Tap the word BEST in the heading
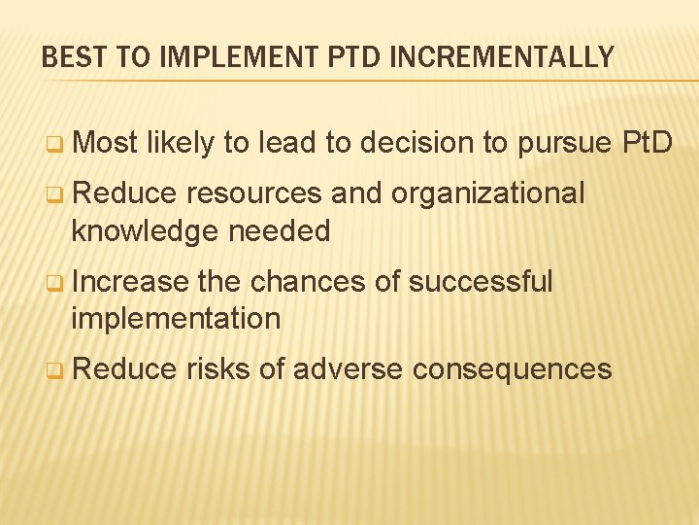pyautogui.click(x=71, y=57)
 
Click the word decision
pyautogui.click(x=418, y=144)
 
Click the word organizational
pyautogui.click(x=488, y=193)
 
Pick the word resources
pyautogui.click(x=254, y=193)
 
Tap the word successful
pyautogui.click(x=481, y=282)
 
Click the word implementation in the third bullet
pyautogui.click(x=176, y=318)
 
